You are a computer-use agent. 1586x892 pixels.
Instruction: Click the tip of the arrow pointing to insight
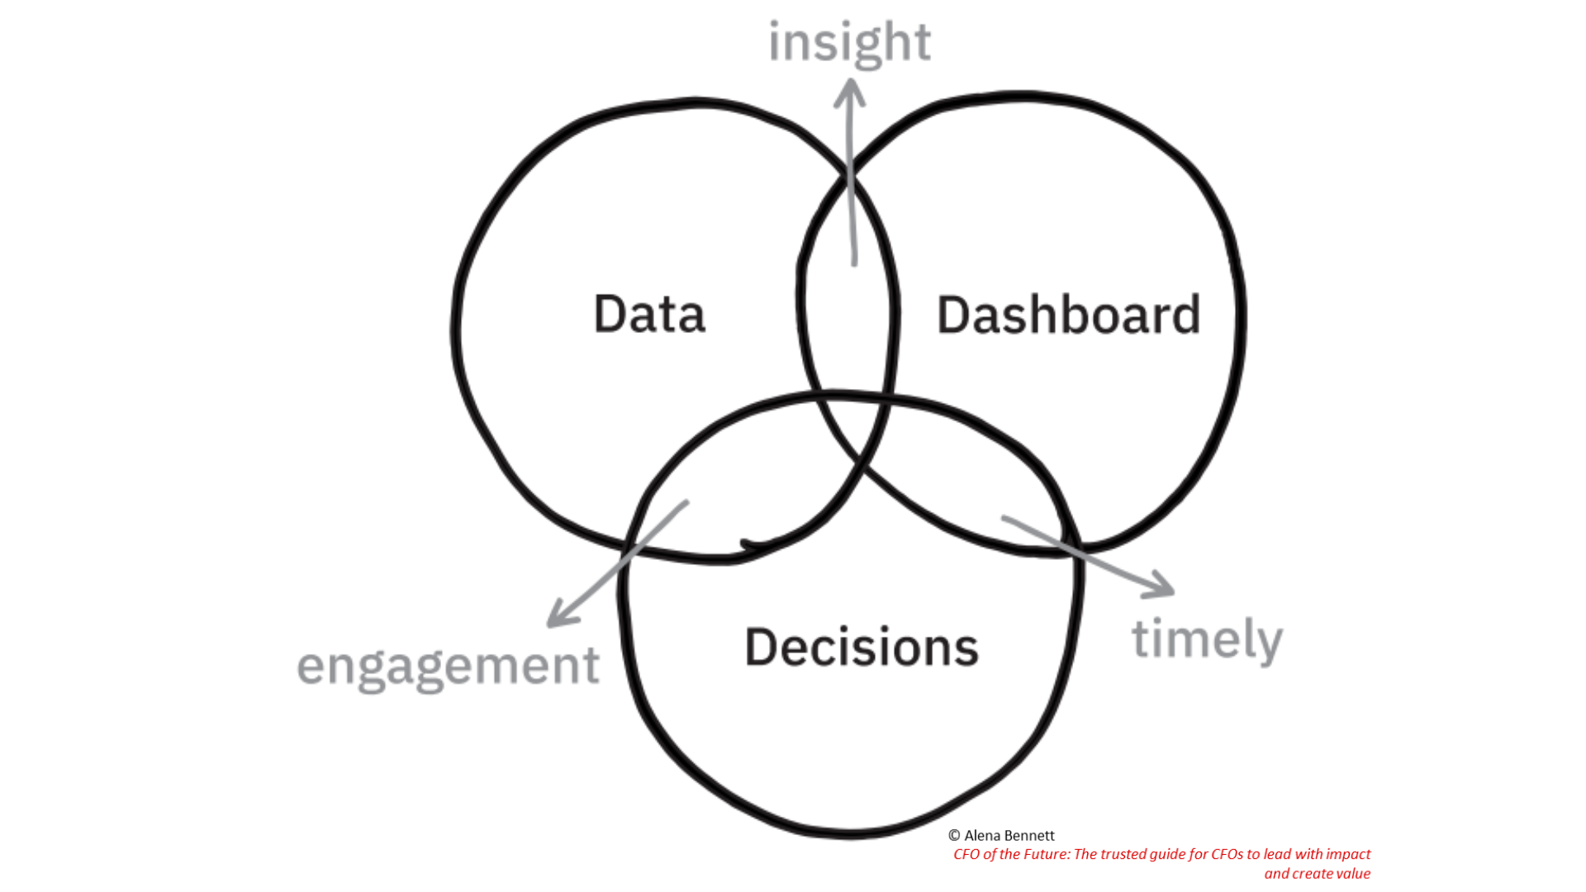pyautogui.click(x=850, y=78)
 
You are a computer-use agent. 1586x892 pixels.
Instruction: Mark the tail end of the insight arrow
pyautogui.click(x=854, y=265)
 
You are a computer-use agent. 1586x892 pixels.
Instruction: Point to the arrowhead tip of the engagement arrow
pyautogui.click(x=549, y=625)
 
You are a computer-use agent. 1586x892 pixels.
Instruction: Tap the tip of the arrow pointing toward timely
pyautogui.click(x=1174, y=591)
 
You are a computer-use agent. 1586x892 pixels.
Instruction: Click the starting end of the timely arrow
pyautogui.click(x=1003, y=518)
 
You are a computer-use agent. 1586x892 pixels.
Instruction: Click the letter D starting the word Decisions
pyautogui.click(x=760, y=647)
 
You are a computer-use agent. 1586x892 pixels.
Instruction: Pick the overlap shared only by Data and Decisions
pyautogui.click(x=727, y=487)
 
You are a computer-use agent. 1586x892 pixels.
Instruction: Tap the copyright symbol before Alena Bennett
pyautogui.click(x=954, y=836)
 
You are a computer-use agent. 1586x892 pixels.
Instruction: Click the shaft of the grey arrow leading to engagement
pyautogui.click(x=618, y=562)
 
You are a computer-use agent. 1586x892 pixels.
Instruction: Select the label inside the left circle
pyautogui.click(x=649, y=314)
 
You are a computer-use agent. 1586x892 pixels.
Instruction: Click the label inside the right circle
pyautogui.click(x=1068, y=315)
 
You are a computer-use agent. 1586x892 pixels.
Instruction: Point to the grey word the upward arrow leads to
pyautogui.click(x=849, y=42)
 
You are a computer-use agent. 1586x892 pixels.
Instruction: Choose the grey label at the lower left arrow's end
pyautogui.click(x=448, y=667)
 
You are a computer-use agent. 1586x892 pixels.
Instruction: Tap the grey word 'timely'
pyautogui.click(x=1207, y=639)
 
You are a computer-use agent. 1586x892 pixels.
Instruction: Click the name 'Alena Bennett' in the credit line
pyautogui.click(x=1009, y=836)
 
